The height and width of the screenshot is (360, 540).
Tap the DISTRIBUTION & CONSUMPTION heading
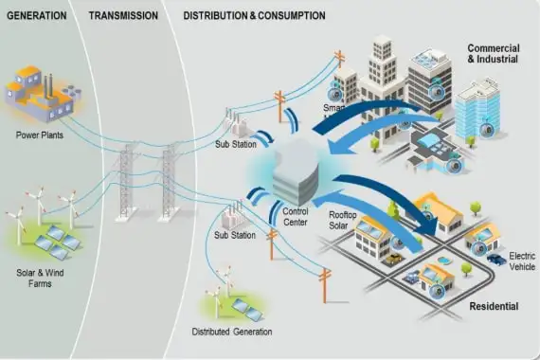click(x=254, y=16)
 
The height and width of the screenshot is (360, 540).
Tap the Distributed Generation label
click(x=231, y=332)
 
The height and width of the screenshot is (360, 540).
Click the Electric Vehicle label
click(x=523, y=262)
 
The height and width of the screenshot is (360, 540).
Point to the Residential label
click(x=494, y=307)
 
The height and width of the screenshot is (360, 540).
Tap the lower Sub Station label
click(x=235, y=234)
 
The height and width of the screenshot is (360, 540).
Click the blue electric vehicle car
click(x=494, y=257)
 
